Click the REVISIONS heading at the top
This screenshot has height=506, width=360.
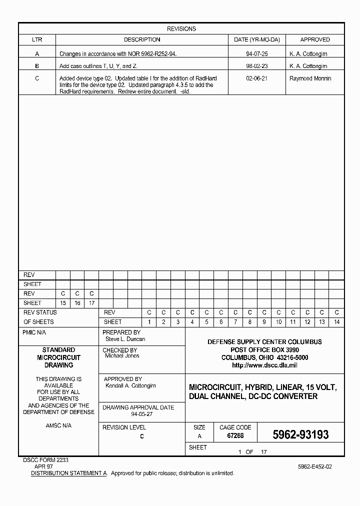(x=181, y=29)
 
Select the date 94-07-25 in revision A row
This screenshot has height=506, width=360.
(x=256, y=53)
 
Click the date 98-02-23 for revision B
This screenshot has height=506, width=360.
(x=256, y=66)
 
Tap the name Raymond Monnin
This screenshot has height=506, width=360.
(x=310, y=78)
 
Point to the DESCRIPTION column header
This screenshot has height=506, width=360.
(x=142, y=39)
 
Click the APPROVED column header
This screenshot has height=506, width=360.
(x=315, y=39)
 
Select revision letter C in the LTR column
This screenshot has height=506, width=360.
(x=37, y=78)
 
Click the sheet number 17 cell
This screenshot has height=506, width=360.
(x=91, y=303)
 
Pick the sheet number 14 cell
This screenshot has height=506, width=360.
(x=336, y=322)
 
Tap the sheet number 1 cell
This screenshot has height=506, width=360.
(x=149, y=322)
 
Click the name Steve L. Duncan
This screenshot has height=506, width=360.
(x=125, y=339)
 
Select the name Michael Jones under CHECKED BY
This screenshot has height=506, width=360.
(x=122, y=356)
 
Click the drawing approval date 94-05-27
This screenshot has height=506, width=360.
(x=141, y=414)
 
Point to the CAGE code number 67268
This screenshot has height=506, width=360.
(x=235, y=436)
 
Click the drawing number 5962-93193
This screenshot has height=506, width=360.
(x=300, y=435)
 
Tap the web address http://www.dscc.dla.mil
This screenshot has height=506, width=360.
(x=264, y=365)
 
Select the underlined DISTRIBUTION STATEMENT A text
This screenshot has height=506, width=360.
(x=69, y=473)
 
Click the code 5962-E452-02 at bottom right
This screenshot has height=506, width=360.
(x=314, y=466)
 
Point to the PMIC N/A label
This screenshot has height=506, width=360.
(x=34, y=332)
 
